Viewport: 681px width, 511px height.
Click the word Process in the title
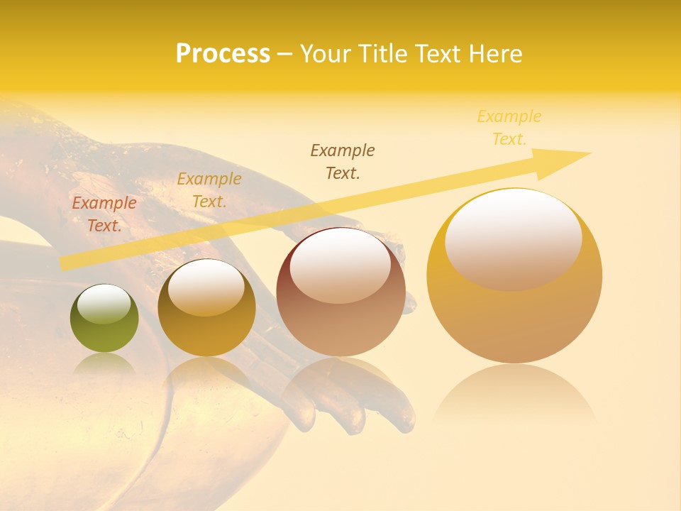223,54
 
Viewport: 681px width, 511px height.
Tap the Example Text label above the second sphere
209,190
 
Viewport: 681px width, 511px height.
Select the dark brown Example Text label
343,161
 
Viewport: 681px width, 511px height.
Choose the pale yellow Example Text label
509,128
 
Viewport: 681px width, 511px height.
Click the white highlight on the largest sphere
513,238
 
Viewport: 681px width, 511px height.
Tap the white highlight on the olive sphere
104,304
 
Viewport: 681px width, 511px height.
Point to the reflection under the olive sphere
104,366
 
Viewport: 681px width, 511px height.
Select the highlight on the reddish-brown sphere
340,265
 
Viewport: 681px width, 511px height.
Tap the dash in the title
284,55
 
